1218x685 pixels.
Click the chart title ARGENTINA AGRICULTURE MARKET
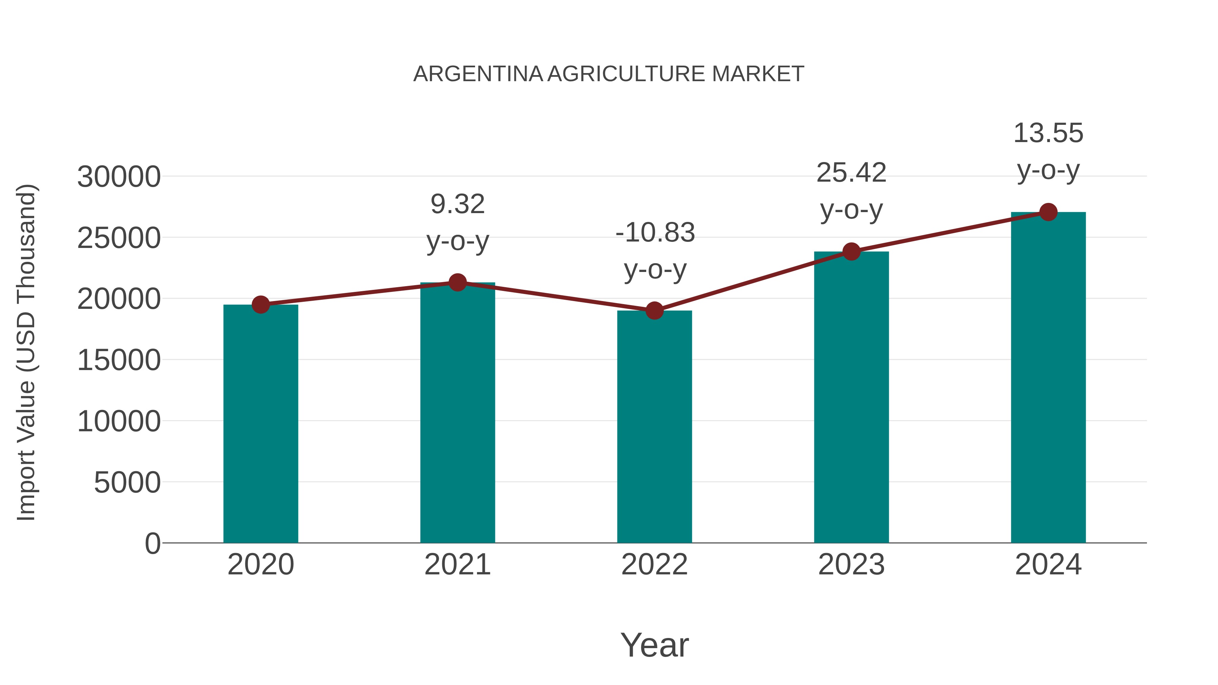click(x=609, y=74)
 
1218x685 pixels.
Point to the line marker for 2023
click(x=851, y=251)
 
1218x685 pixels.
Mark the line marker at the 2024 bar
click(x=1048, y=212)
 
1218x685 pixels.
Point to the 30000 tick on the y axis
click(x=119, y=177)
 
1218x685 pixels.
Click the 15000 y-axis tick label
click(x=119, y=360)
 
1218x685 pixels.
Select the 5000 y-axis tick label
click(x=127, y=483)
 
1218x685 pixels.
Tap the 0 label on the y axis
click(x=153, y=543)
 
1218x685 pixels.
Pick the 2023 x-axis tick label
click(x=851, y=565)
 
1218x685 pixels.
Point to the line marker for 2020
click(x=261, y=305)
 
